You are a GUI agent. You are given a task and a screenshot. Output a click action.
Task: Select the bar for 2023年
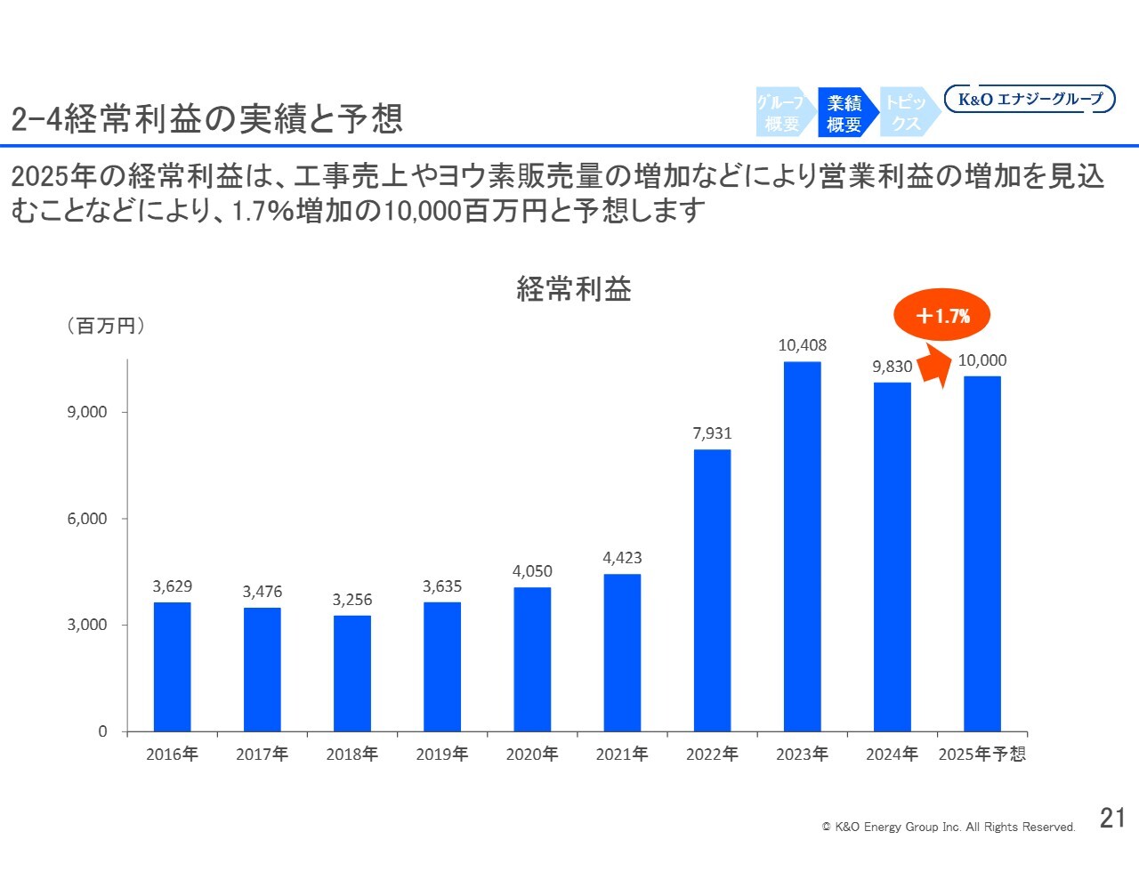click(x=802, y=546)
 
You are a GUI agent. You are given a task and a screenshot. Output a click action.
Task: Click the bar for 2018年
click(x=352, y=674)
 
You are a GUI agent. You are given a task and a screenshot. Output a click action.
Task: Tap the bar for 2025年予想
click(x=981, y=553)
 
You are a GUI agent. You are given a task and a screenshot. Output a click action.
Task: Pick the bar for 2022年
click(x=712, y=590)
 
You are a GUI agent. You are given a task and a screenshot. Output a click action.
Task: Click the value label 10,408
click(x=802, y=345)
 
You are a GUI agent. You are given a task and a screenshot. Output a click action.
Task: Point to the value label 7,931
click(x=712, y=433)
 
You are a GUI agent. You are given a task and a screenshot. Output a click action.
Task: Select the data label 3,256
click(x=352, y=600)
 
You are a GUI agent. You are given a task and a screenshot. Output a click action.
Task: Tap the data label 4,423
click(x=622, y=558)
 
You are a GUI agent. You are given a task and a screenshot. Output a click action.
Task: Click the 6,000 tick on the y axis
click(x=87, y=519)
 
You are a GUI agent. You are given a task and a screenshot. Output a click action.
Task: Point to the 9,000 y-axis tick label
click(x=87, y=412)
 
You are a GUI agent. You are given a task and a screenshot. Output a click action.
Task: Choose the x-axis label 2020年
click(x=532, y=755)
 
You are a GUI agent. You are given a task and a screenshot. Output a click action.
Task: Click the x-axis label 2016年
click(x=172, y=755)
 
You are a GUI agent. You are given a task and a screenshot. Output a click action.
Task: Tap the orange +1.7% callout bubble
click(x=941, y=315)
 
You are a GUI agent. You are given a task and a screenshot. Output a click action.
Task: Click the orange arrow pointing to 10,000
click(x=934, y=367)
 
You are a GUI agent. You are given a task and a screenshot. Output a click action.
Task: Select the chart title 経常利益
click(x=574, y=289)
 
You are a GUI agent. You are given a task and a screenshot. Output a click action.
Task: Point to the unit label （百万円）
click(x=106, y=326)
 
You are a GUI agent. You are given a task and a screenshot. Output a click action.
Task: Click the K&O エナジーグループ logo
click(x=1030, y=99)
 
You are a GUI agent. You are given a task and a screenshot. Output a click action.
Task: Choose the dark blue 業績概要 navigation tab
click(x=844, y=113)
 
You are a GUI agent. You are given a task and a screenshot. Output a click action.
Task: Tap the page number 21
click(x=1112, y=818)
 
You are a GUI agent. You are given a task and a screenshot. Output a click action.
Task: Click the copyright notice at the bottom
click(x=948, y=827)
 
